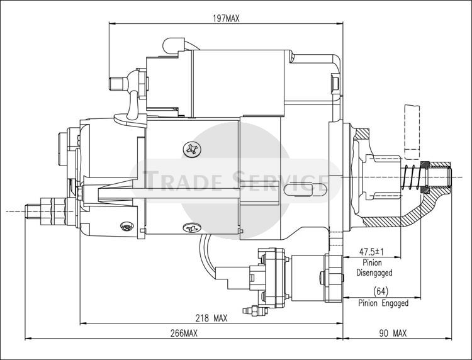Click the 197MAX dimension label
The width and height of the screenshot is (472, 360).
tap(226, 19)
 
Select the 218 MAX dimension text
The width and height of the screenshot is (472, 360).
tap(211, 318)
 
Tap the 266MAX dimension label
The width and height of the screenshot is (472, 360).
tap(184, 333)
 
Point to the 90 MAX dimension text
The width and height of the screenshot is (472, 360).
tap(393, 333)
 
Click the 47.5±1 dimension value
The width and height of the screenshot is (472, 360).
tap(372, 251)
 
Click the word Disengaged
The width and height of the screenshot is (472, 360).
tap(374, 273)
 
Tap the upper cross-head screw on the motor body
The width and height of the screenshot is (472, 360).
tap(192, 149)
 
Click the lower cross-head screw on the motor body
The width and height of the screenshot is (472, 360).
tap(192, 228)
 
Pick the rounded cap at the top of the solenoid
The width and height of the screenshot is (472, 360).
tap(174, 46)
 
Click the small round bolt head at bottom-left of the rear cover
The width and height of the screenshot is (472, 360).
tap(127, 227)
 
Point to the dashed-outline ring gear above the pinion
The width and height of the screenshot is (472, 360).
tap(412, 132)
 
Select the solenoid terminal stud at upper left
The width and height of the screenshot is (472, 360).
tap(118, 84)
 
